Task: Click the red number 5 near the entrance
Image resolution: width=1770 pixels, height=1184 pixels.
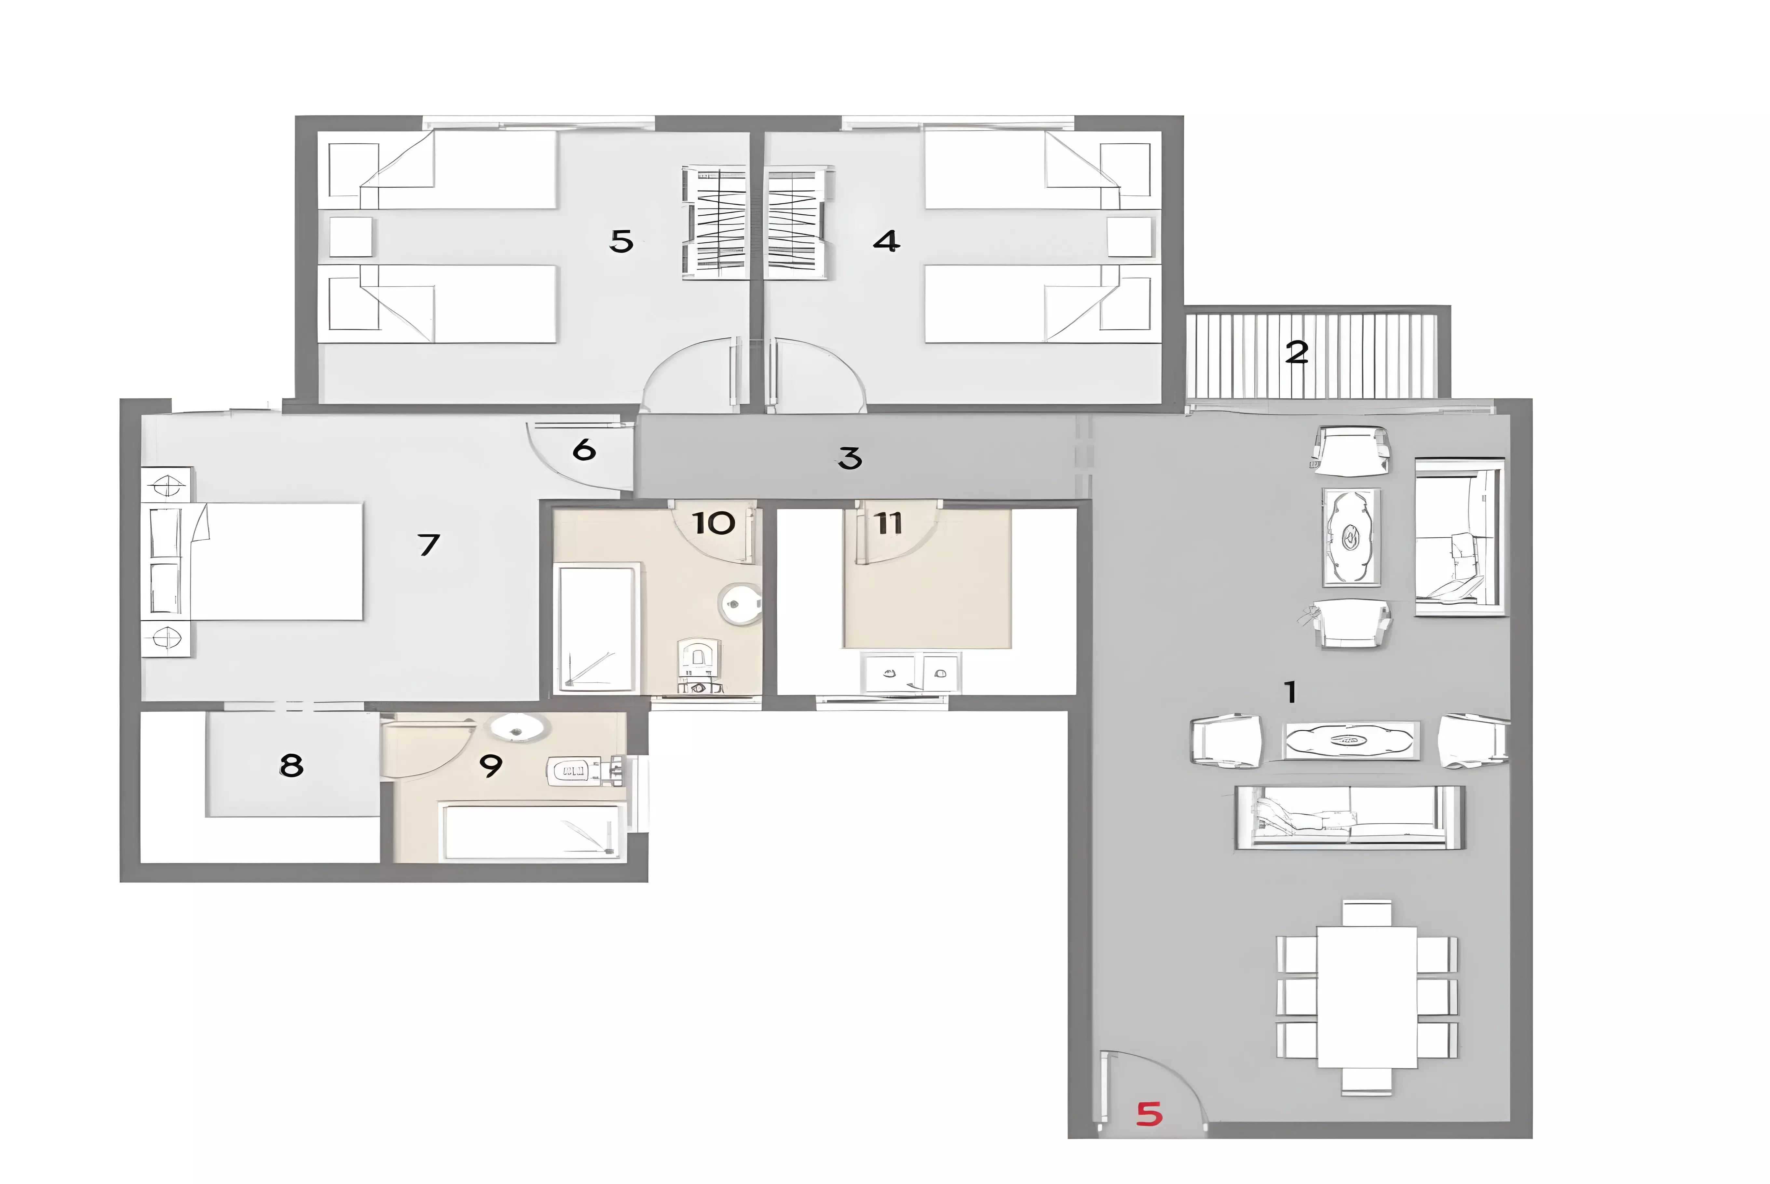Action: coord(1149,1114)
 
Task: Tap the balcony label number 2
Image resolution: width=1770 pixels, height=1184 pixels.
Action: coord(1297,352)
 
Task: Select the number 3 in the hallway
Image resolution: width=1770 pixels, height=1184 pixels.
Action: coord(850,458)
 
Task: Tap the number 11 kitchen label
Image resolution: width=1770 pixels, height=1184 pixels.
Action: coord(889,522)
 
